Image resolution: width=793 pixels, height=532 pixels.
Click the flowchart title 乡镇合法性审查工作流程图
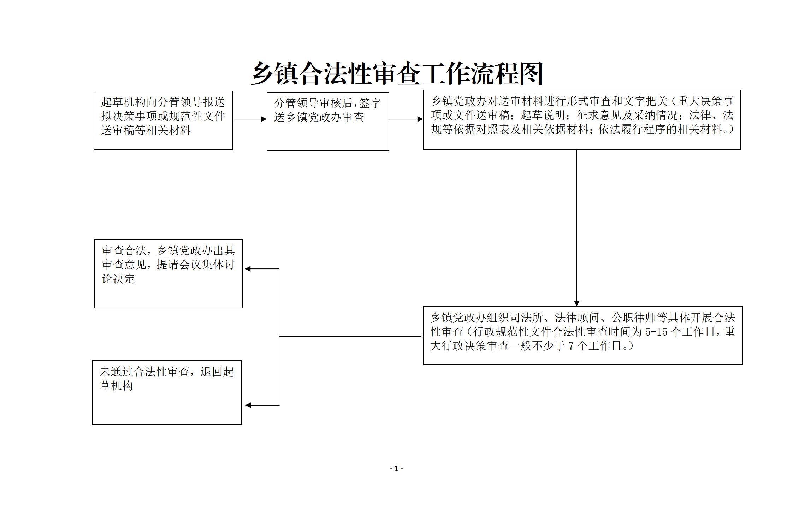[x=397, y=74]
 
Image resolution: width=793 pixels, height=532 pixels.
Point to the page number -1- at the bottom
[x=396, y=468]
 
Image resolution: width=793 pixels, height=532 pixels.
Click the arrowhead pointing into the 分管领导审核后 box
[x=264, y=119]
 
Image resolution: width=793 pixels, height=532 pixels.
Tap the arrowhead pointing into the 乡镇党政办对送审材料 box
[x=420, y=119]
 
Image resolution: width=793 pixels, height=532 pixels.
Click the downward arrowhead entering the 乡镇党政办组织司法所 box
[x=577, y=303]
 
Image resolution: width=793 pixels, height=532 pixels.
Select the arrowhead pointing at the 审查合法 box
[x=248, y=269]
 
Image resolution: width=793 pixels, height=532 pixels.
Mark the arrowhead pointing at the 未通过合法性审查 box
[x=248, y=405]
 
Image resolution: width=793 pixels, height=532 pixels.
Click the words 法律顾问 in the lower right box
[x=577, y=318]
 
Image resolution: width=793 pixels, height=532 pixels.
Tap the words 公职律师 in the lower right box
[x=634, y=318]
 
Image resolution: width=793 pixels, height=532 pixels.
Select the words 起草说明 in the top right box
[x=543, y=116]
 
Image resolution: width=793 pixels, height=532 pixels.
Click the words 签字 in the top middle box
[x=370, y=103]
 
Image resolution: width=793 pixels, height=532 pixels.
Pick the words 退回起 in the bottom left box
[x=217, y=372]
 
